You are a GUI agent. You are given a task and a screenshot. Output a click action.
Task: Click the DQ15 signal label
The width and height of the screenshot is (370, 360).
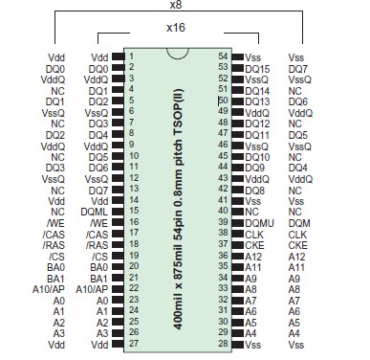tap(259, 69)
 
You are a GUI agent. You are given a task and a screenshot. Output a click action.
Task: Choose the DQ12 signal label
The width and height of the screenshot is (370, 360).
tap(259, 124)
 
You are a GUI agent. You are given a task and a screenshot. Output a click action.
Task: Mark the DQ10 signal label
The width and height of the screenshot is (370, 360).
tap(259, 156)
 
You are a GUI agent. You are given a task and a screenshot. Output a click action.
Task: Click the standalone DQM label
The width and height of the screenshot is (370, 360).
tap(297, 222)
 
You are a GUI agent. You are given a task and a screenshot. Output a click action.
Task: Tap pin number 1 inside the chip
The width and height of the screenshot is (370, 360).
tap(131, 57)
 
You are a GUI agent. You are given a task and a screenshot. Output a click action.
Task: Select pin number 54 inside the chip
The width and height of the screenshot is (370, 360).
tap(223, 57)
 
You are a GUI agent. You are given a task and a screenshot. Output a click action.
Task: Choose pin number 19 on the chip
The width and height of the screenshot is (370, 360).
tap(133, 256)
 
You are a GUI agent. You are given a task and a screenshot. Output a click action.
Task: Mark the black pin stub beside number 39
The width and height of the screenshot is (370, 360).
tap(237, 222)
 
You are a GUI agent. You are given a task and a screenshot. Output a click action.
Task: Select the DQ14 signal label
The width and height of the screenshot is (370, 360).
tap(259, 90)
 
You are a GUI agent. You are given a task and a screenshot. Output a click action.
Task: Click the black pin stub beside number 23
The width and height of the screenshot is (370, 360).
tap(119, 300)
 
